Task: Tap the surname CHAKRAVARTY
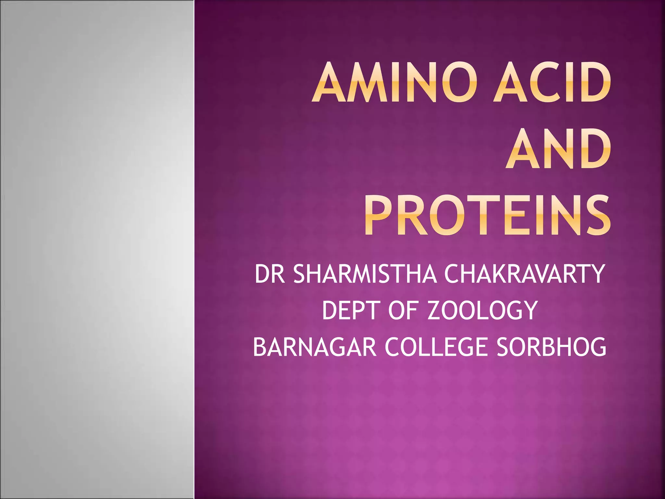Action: (524, 274)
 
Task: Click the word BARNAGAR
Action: (314, 347)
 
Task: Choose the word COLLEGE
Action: (436, 347)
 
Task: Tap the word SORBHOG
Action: (551, 347)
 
